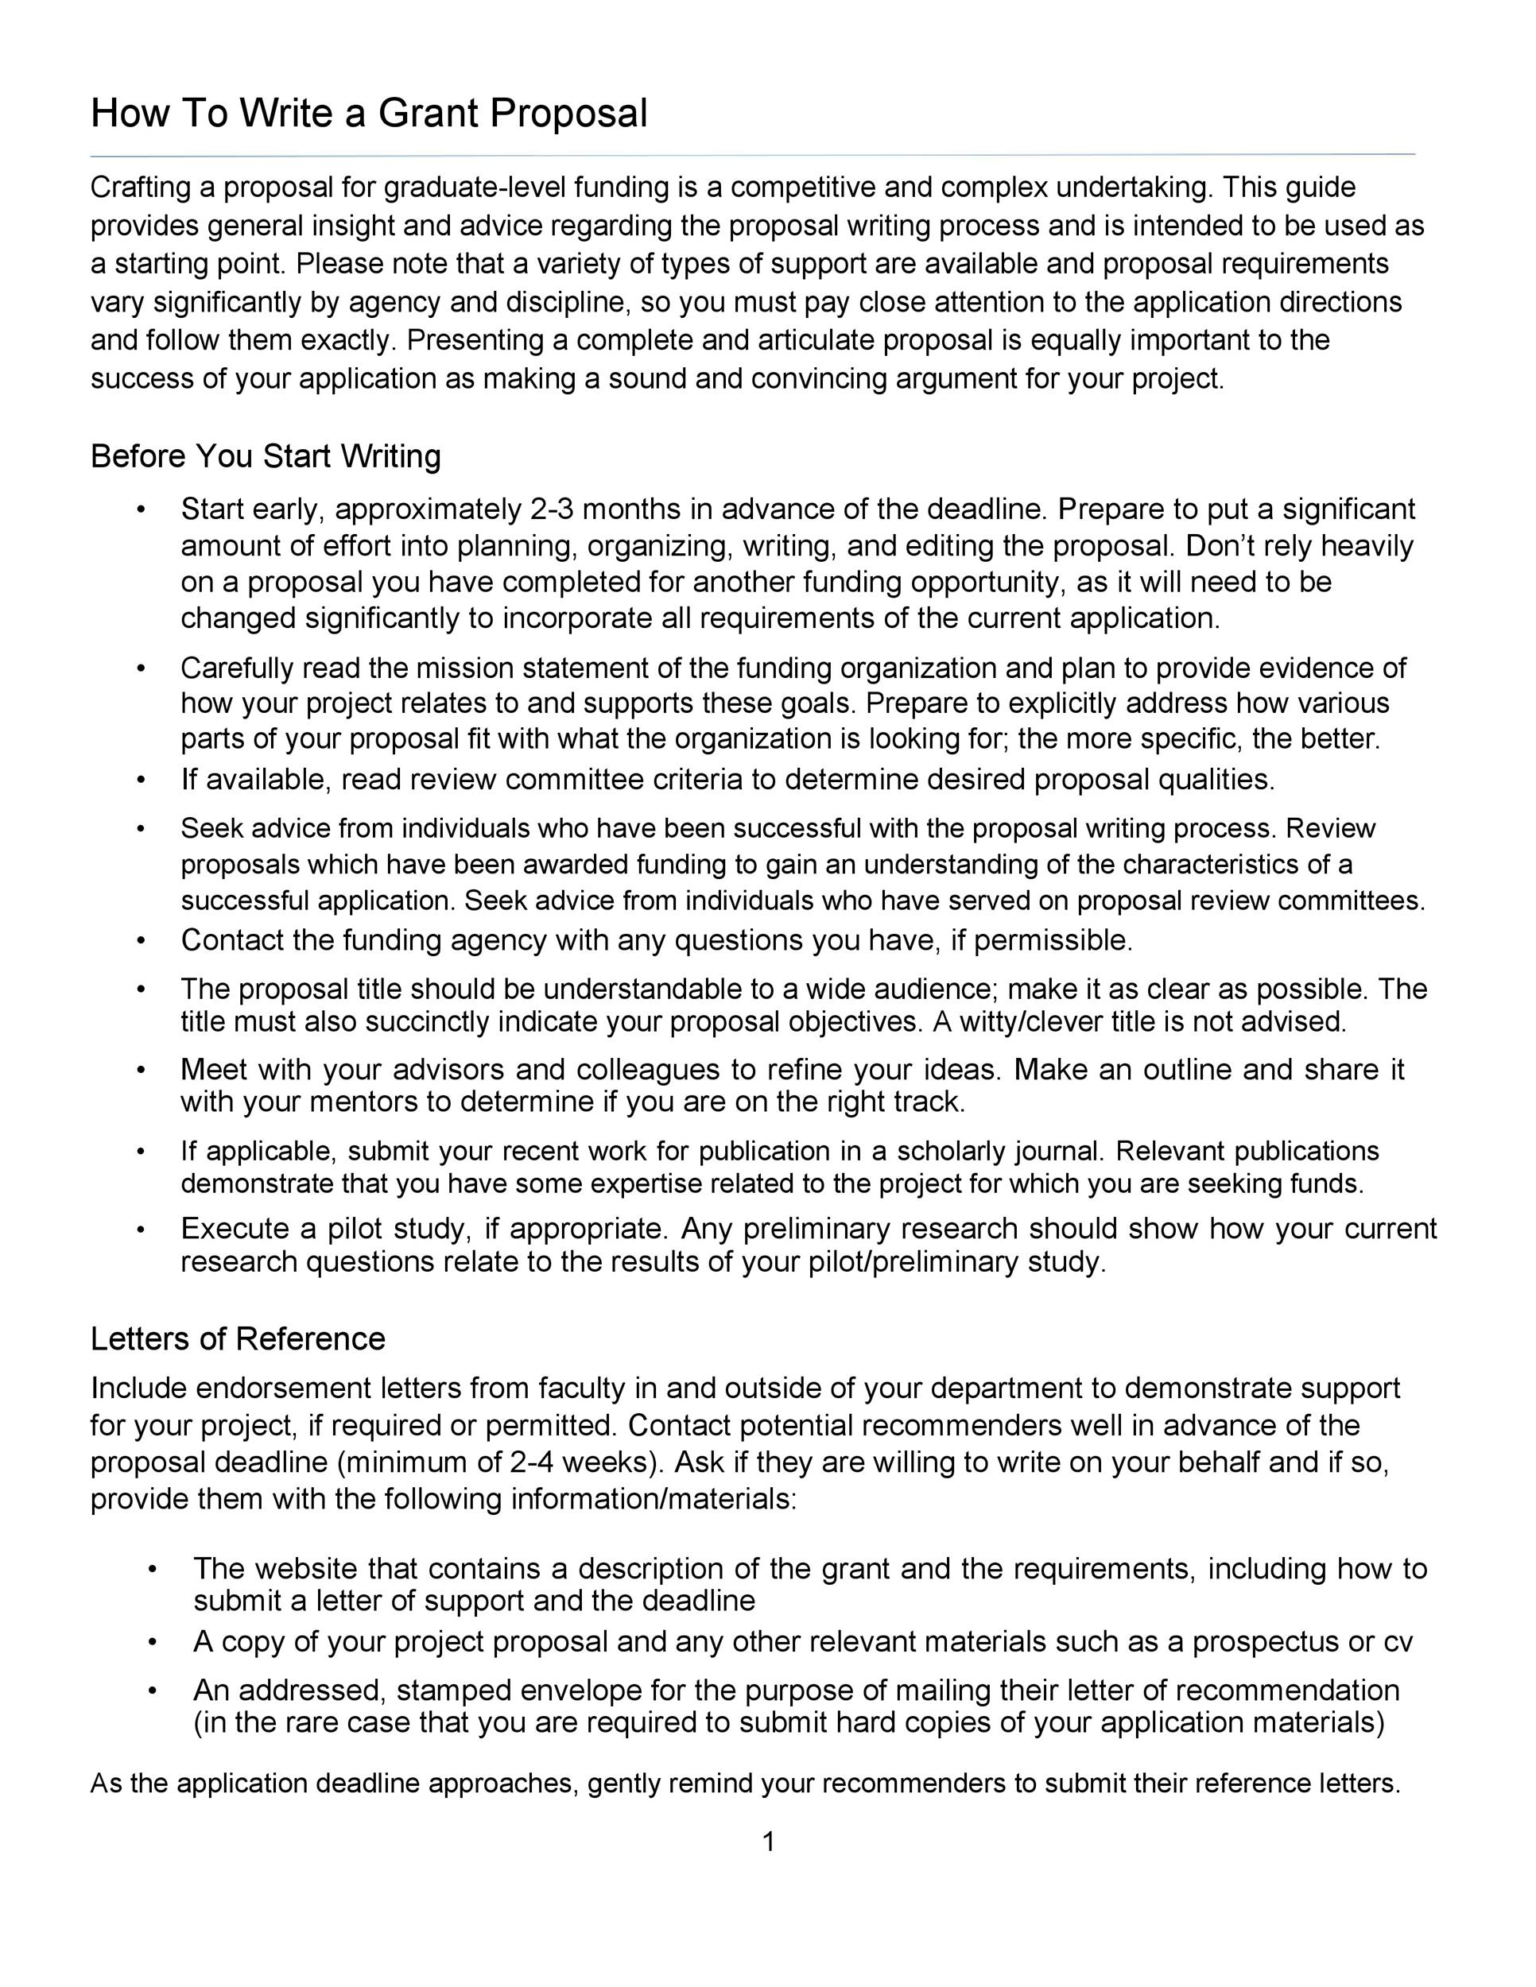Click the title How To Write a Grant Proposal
click(369, 114)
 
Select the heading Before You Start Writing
click(265, 455)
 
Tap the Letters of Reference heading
click(238, 1338)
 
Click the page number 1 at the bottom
click(768, 1842)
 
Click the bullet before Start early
click(140, 509)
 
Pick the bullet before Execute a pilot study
click(140, 1229)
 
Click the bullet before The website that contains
click(153, 1570)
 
